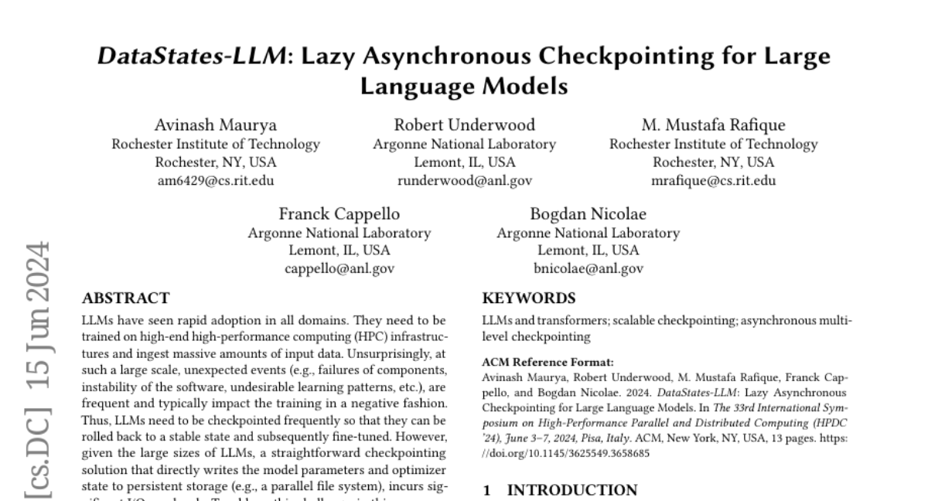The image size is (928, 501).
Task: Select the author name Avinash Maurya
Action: point(216,125)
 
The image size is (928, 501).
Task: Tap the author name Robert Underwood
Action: point(464,125)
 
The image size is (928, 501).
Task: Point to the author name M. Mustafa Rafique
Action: point(713,125)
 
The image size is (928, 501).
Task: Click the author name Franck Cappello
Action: point(339,214)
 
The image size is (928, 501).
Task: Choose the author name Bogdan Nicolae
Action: point(588,214)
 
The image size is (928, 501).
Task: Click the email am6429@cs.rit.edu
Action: point(216,181)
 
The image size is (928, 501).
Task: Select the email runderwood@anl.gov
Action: point(464,181)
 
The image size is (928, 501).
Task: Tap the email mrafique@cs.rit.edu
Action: point(713,181)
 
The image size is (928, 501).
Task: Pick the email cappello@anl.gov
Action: point(339,269)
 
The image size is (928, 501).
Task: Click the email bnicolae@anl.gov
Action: point(588,269)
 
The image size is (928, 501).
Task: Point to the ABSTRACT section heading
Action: point(125,298)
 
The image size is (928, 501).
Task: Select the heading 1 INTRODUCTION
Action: point(560,490)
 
